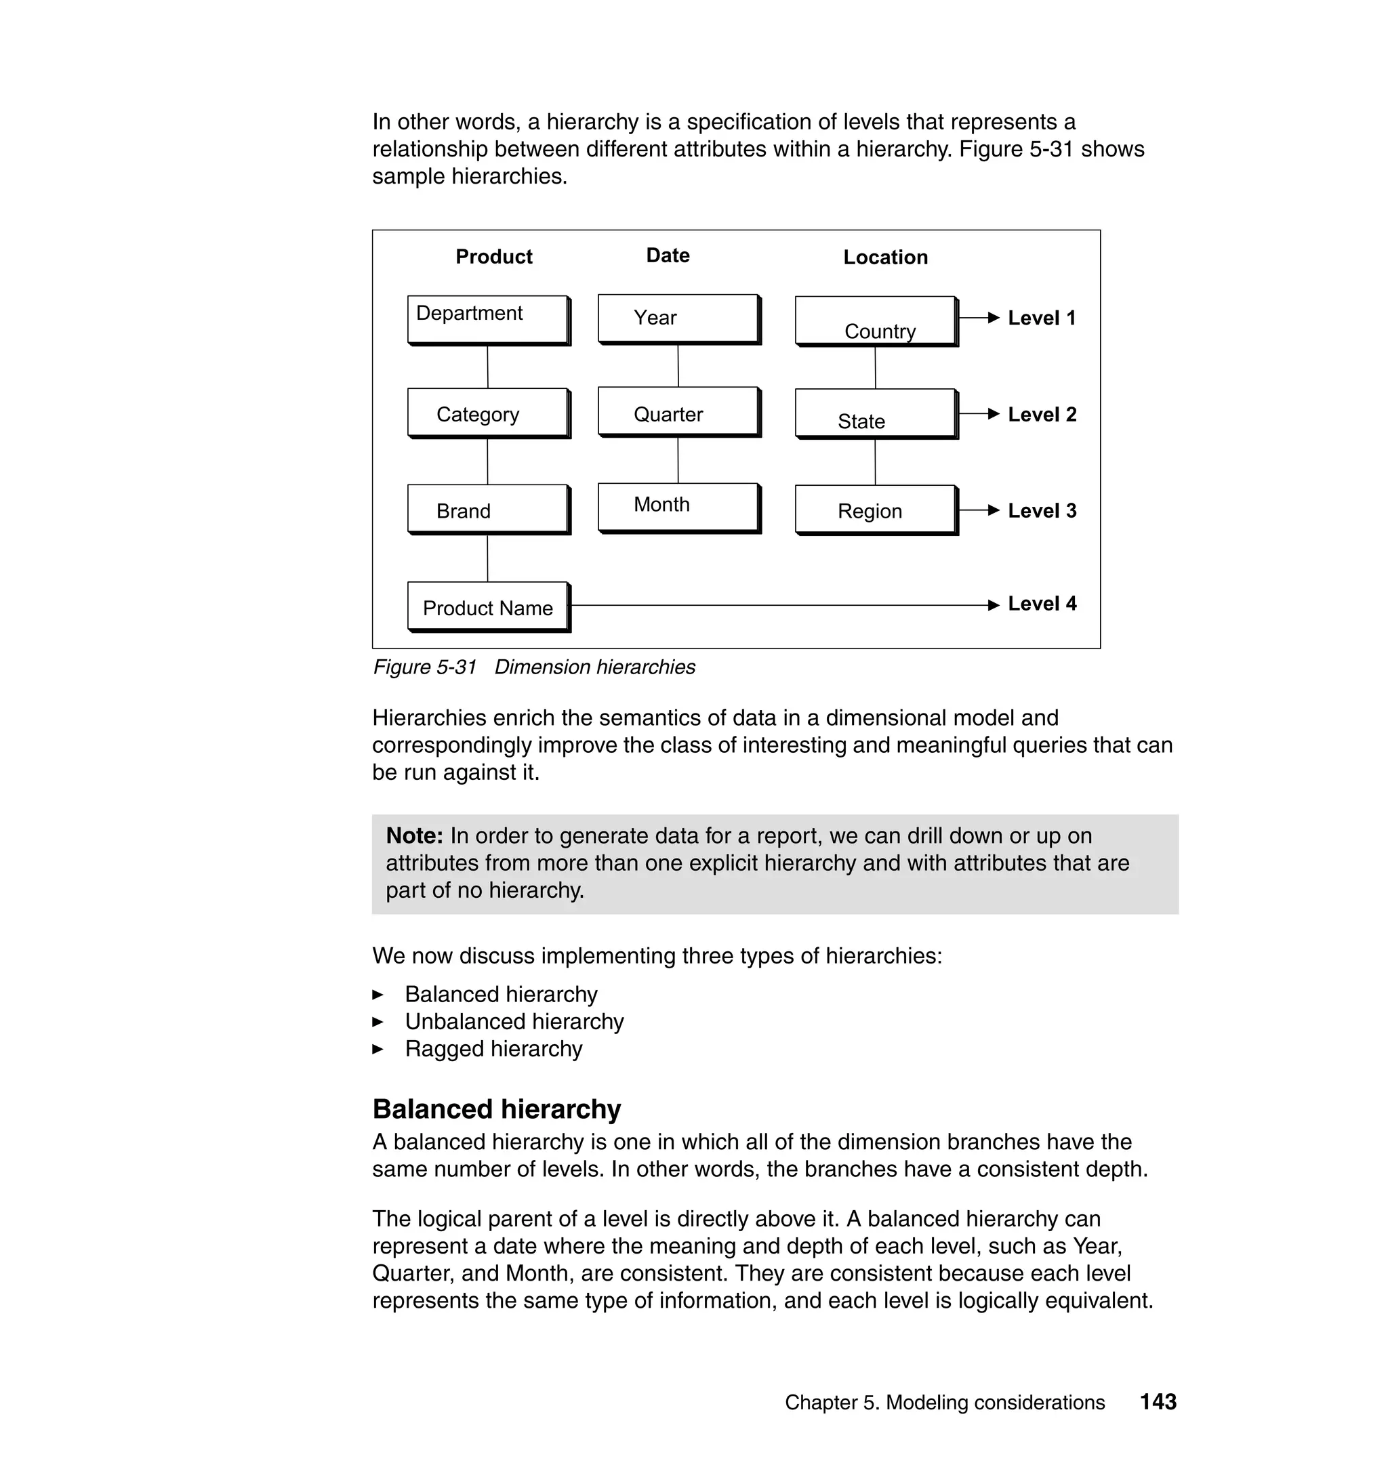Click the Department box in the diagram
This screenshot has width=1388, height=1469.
487,320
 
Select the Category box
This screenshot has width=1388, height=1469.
487,413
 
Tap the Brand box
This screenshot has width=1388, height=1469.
487,509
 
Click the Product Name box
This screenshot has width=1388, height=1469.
487,606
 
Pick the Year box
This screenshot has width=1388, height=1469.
678,318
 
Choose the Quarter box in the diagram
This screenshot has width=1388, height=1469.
678,411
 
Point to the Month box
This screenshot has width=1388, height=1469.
678,508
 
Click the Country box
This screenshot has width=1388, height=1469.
875,321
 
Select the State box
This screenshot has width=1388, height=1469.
875,413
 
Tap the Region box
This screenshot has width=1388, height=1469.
875,510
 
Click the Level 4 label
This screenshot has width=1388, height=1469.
1042,604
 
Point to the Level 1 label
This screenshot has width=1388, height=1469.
1042,318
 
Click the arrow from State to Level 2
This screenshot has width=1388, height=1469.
979,414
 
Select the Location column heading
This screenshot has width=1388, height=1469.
885,257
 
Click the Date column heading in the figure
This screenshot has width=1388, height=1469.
668,255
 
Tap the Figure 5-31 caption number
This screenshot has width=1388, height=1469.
425,667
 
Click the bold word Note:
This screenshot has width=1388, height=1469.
414,836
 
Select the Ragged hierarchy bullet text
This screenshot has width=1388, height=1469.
493,1049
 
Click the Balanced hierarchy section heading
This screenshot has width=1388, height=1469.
497,1109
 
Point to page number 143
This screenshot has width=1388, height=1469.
1158,1402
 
